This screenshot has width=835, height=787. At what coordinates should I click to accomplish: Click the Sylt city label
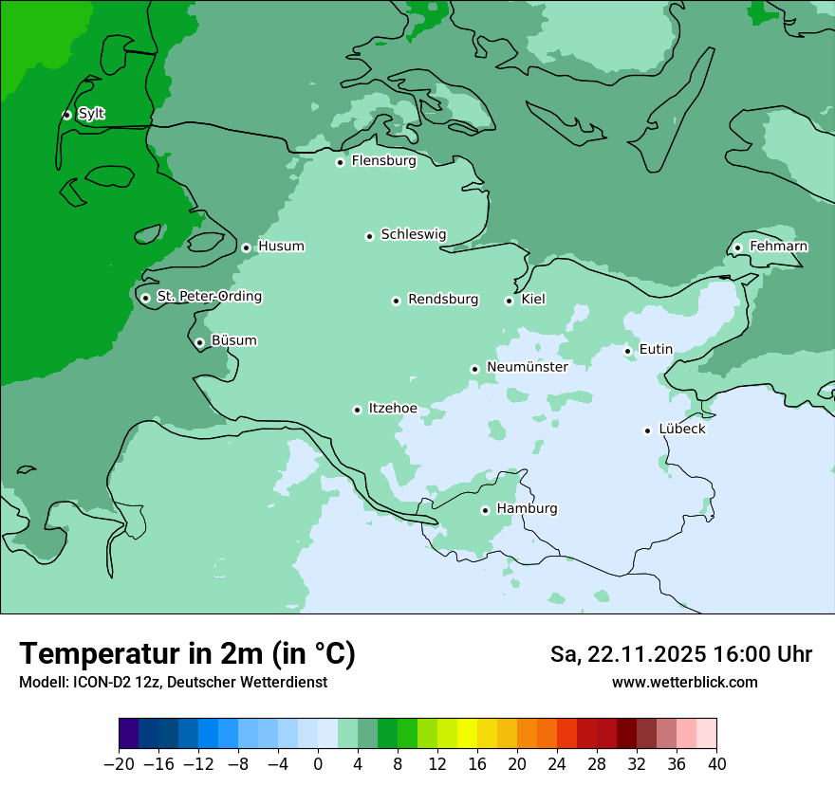(91, 114)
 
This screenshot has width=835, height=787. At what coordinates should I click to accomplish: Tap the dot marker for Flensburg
(340, 162)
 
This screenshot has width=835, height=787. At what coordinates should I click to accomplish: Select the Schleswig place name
(413, 234)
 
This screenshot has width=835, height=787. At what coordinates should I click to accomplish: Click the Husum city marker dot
(246, 247)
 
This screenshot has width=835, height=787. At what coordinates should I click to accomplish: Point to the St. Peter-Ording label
(209, 297)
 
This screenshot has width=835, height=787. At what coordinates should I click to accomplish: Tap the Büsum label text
(233, 340)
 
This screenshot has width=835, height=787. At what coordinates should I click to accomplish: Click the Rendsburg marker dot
(396, 301)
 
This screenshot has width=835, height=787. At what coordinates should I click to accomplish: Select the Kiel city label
(533, 300)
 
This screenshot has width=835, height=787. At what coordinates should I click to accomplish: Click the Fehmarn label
(778, 247)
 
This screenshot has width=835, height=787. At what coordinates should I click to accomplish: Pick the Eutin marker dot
(627, 351)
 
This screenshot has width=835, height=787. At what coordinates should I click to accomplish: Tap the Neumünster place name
(527, 367)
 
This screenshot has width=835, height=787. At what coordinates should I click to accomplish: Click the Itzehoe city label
(393, 409)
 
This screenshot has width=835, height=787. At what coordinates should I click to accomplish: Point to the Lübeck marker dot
(647, 430)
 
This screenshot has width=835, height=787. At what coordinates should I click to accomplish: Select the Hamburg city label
(527, 508)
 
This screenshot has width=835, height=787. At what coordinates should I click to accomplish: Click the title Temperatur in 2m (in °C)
(187, 653)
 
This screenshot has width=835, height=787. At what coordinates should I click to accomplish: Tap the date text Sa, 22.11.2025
(628, 654)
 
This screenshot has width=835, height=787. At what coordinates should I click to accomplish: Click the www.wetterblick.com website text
(684, 682)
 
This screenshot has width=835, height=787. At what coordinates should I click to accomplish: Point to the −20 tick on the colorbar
(120, 764)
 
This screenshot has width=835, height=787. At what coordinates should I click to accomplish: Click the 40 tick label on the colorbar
(716, 764)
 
